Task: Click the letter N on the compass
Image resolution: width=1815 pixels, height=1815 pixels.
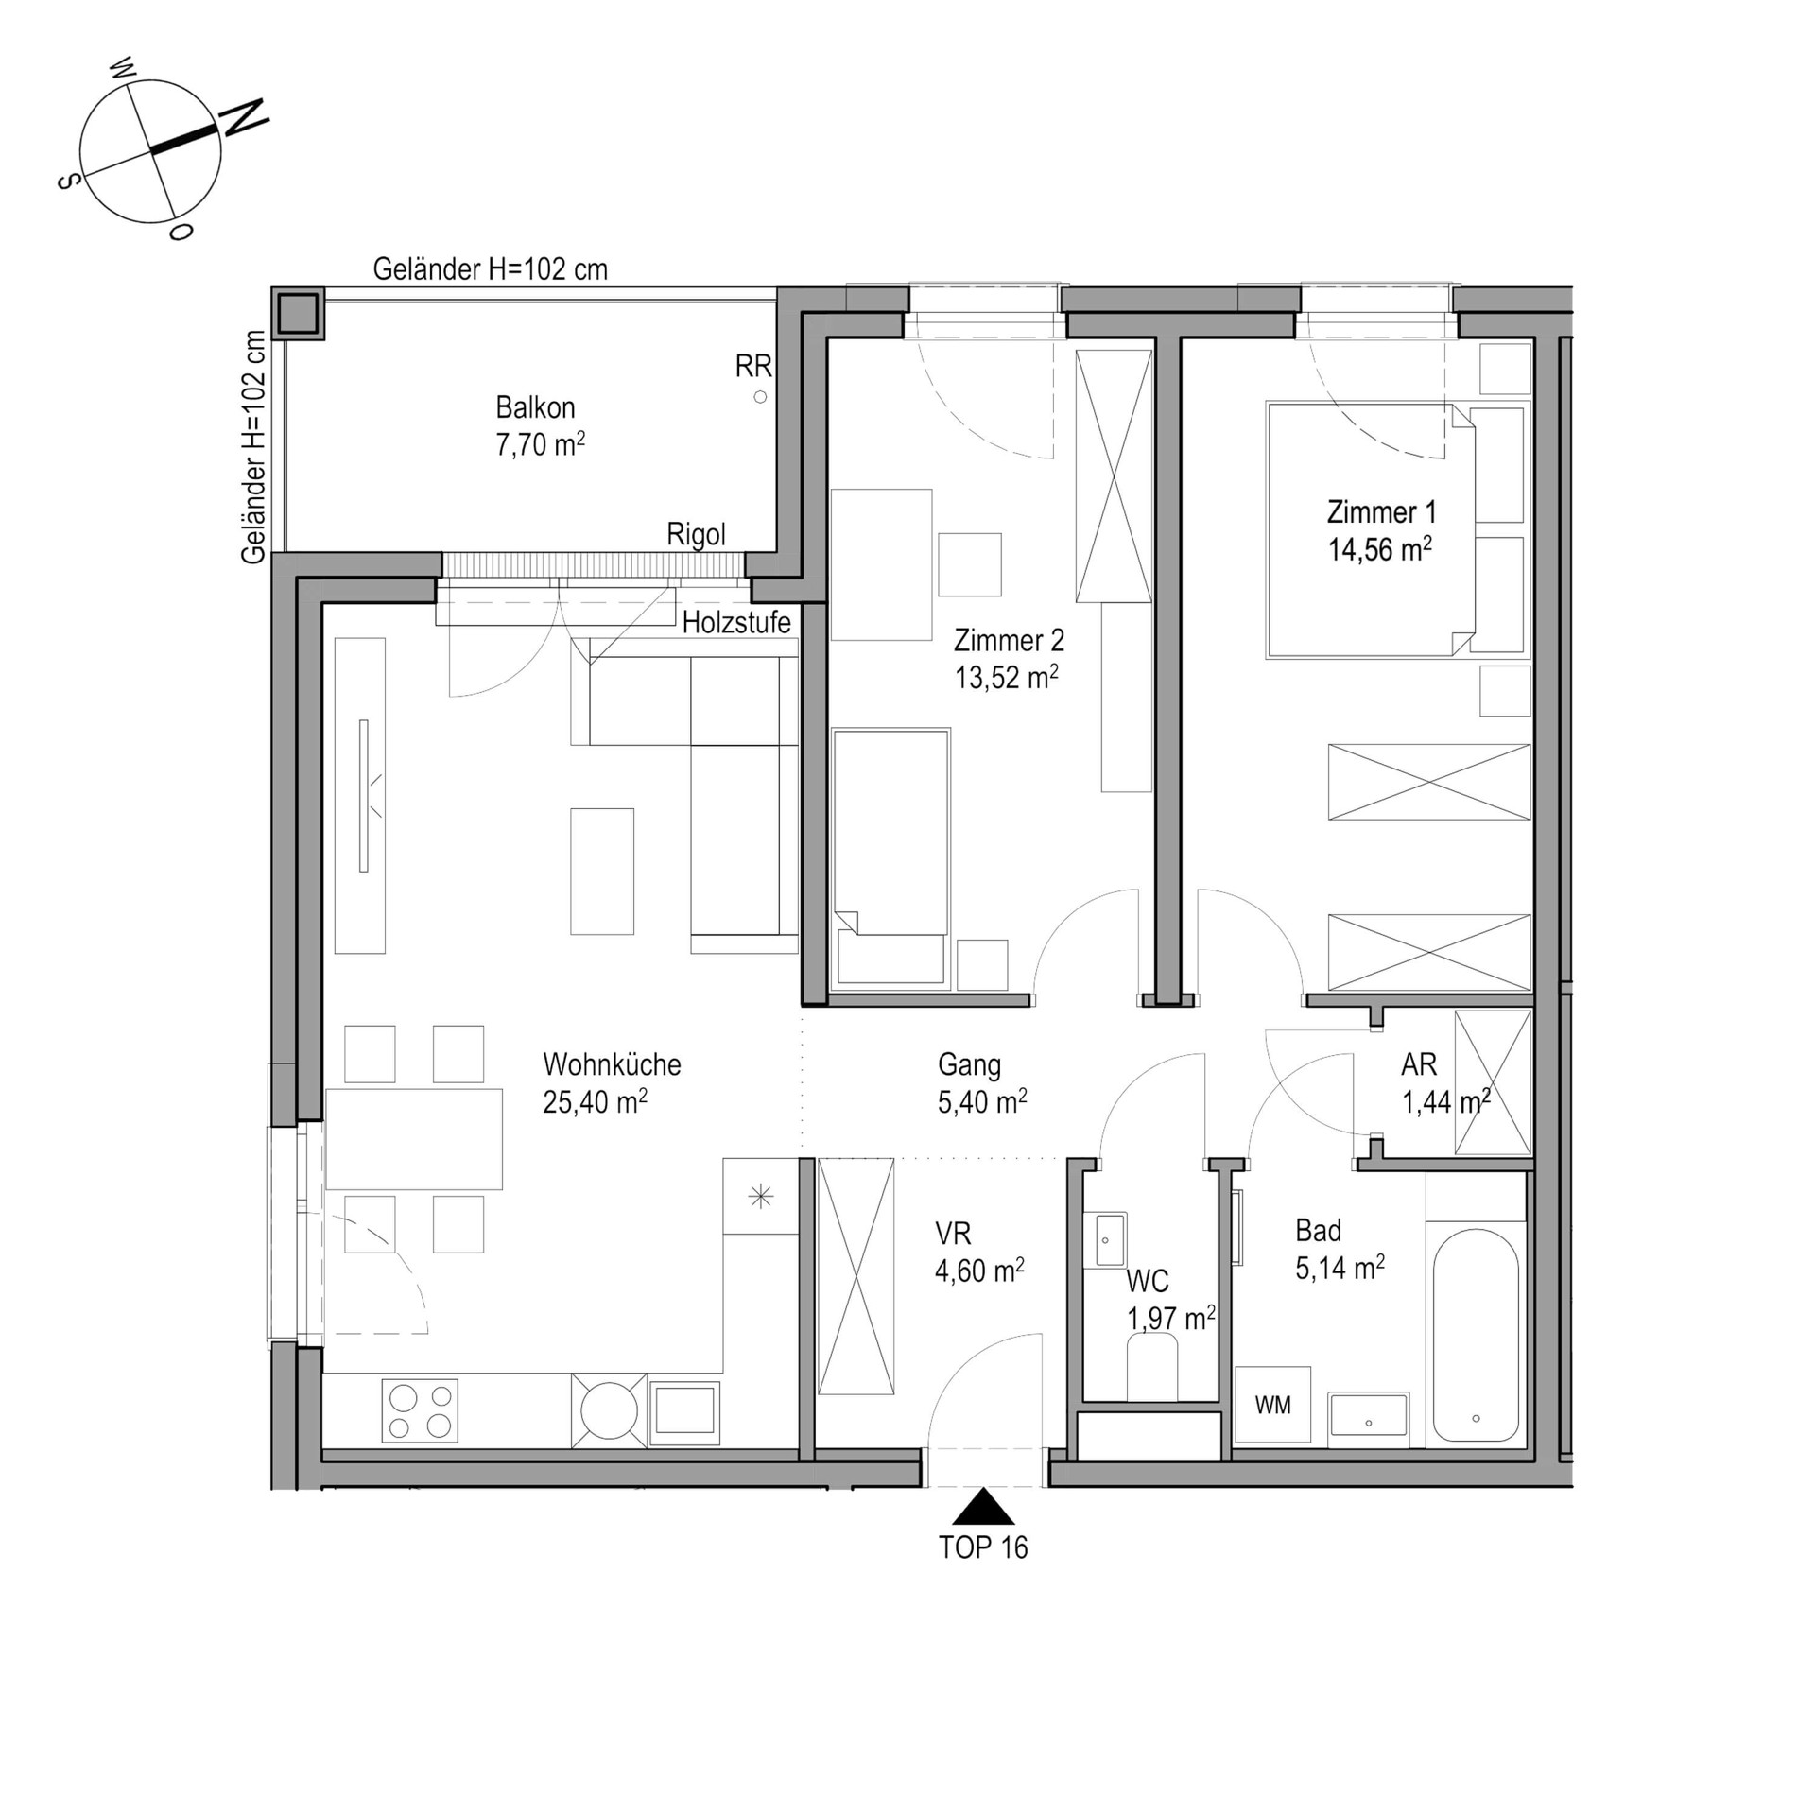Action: click(244, 117)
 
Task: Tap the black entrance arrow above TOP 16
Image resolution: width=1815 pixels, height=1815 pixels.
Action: click(983, 1506)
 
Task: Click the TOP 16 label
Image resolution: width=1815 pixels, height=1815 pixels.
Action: click(983, 1547)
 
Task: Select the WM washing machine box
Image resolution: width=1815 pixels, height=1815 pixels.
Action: click(1272, 1405)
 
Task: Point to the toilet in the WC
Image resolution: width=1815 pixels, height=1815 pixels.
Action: click(1152, 1367)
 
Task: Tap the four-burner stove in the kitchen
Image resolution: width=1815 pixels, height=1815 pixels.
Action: click(420, 1410)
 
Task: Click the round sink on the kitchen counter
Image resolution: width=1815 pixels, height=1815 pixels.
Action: click(610, 1410)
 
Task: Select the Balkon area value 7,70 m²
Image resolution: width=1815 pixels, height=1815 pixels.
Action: click(541, 444)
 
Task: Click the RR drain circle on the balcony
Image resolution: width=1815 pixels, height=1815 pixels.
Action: click(760, 397)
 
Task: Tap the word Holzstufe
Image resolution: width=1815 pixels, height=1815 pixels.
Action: click(736, 623)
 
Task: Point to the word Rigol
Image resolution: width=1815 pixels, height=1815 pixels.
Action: click(697, 535)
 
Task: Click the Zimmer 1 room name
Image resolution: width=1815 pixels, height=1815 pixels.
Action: click(1381, 512)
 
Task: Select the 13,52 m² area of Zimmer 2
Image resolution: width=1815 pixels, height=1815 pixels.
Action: click(1007, 677)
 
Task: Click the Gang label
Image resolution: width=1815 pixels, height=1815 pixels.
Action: click(969, 1065)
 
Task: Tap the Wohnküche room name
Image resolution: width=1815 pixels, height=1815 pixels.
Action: click(612, 1064)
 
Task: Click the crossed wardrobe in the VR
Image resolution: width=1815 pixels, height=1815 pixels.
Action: click(856, 1276)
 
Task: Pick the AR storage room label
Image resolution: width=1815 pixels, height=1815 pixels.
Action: click(1419, 1064)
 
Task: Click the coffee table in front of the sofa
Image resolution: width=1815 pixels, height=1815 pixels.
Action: click(602, 872)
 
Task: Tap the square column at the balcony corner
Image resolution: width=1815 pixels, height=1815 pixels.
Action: click(297, 313)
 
